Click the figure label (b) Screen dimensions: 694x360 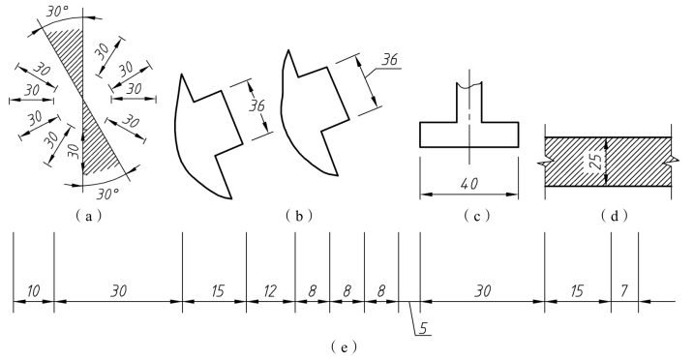(299, 216)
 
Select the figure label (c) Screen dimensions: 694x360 (476, 216)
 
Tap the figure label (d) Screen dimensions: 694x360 (615, 216)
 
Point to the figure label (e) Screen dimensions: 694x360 (344, 346)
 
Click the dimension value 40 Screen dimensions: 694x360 (469, 183)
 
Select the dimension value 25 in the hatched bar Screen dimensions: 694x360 (596, 163)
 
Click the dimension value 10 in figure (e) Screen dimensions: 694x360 (33, 291)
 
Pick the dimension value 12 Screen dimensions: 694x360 (269, 291)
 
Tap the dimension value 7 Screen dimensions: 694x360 (624, 291)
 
